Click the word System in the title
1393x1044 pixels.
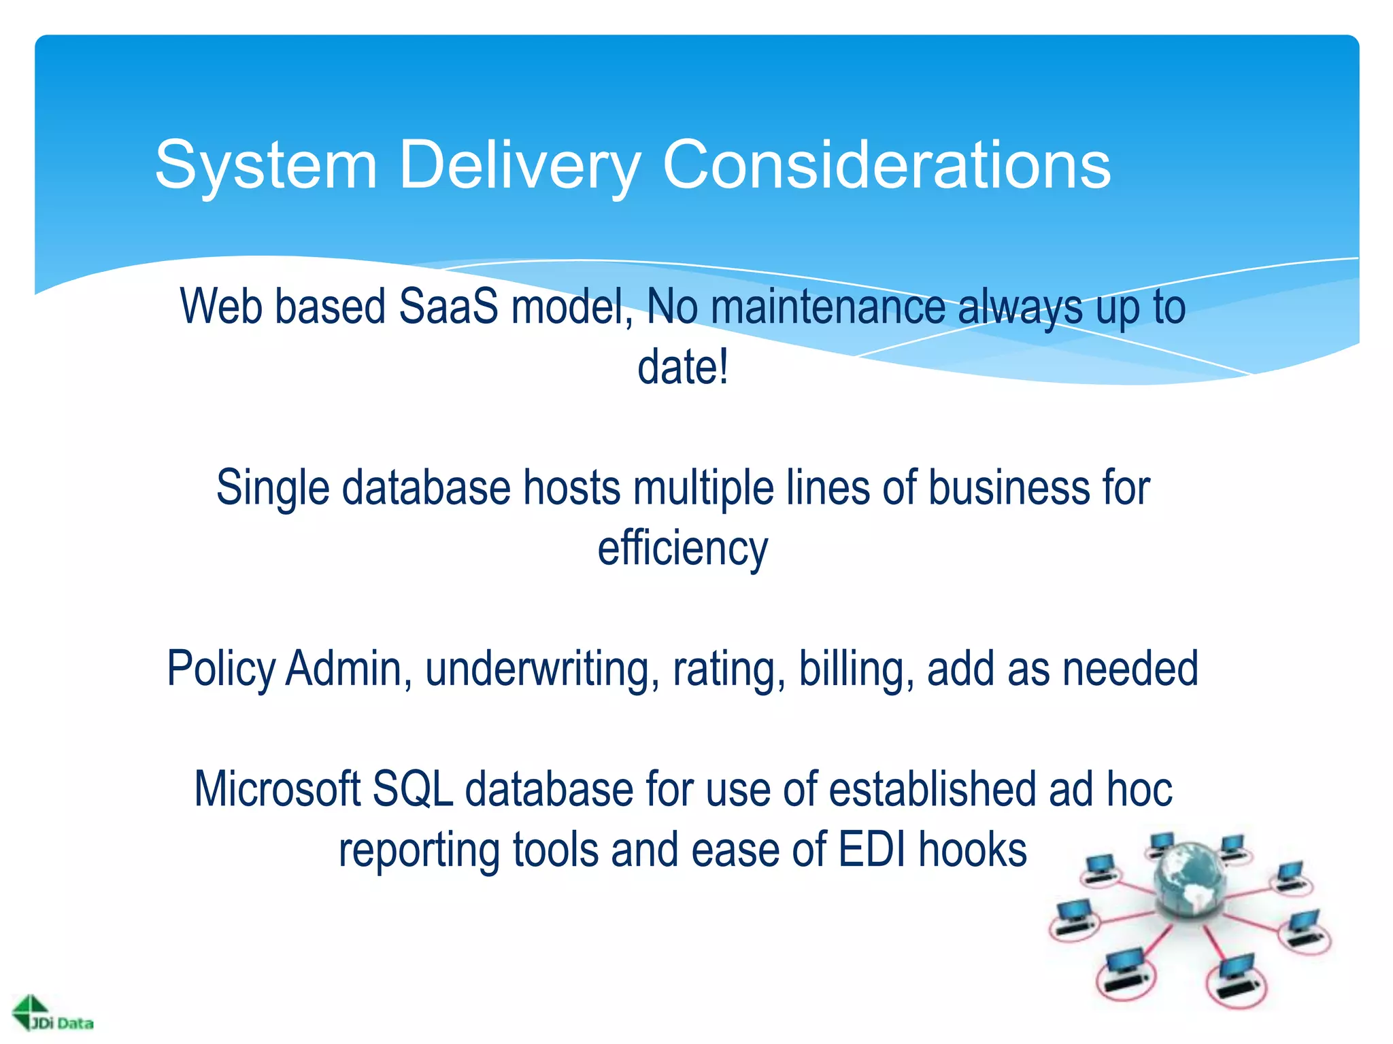click(266, 165)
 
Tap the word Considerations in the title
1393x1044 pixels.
click(886, 165)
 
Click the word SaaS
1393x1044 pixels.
click(448, 307)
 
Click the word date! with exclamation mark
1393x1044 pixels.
click(682, 367)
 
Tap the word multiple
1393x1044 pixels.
click(703, 488)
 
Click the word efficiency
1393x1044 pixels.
click(682, 549)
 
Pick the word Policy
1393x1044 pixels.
click(221, 669)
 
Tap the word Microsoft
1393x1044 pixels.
click(277, 789)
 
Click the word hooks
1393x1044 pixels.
click(973, 850)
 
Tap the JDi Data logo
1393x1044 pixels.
click(53, 1015)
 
